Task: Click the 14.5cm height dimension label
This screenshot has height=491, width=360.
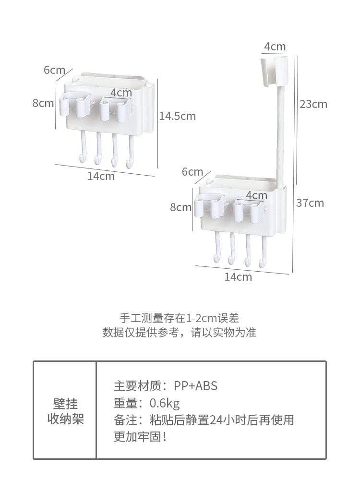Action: pos(178,116)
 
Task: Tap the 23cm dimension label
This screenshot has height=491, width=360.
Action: pos(313,104)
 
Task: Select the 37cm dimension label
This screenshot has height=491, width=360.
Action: pos(310,203)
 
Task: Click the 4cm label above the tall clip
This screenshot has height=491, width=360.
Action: pos(275,47)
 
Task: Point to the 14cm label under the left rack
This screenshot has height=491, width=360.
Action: pos(101,176)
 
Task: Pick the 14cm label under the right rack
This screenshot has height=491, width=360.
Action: pos(238,277)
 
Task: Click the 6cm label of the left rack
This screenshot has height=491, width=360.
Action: pos(54,70)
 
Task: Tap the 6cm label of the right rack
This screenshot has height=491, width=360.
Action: pos(192,172)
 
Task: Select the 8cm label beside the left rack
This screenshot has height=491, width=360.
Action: pos(43,103)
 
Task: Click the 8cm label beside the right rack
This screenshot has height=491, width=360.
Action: pos(180,207)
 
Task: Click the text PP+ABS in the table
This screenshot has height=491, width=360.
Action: pos(195,386)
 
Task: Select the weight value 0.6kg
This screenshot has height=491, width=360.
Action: pos(165,403)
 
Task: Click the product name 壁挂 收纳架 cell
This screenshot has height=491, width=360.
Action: pos(65,411)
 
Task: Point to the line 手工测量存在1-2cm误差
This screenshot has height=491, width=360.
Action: pos(180,318)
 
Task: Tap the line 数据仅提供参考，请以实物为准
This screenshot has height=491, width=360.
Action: pos(180,333)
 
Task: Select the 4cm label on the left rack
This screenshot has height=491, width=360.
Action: pos(121,92)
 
